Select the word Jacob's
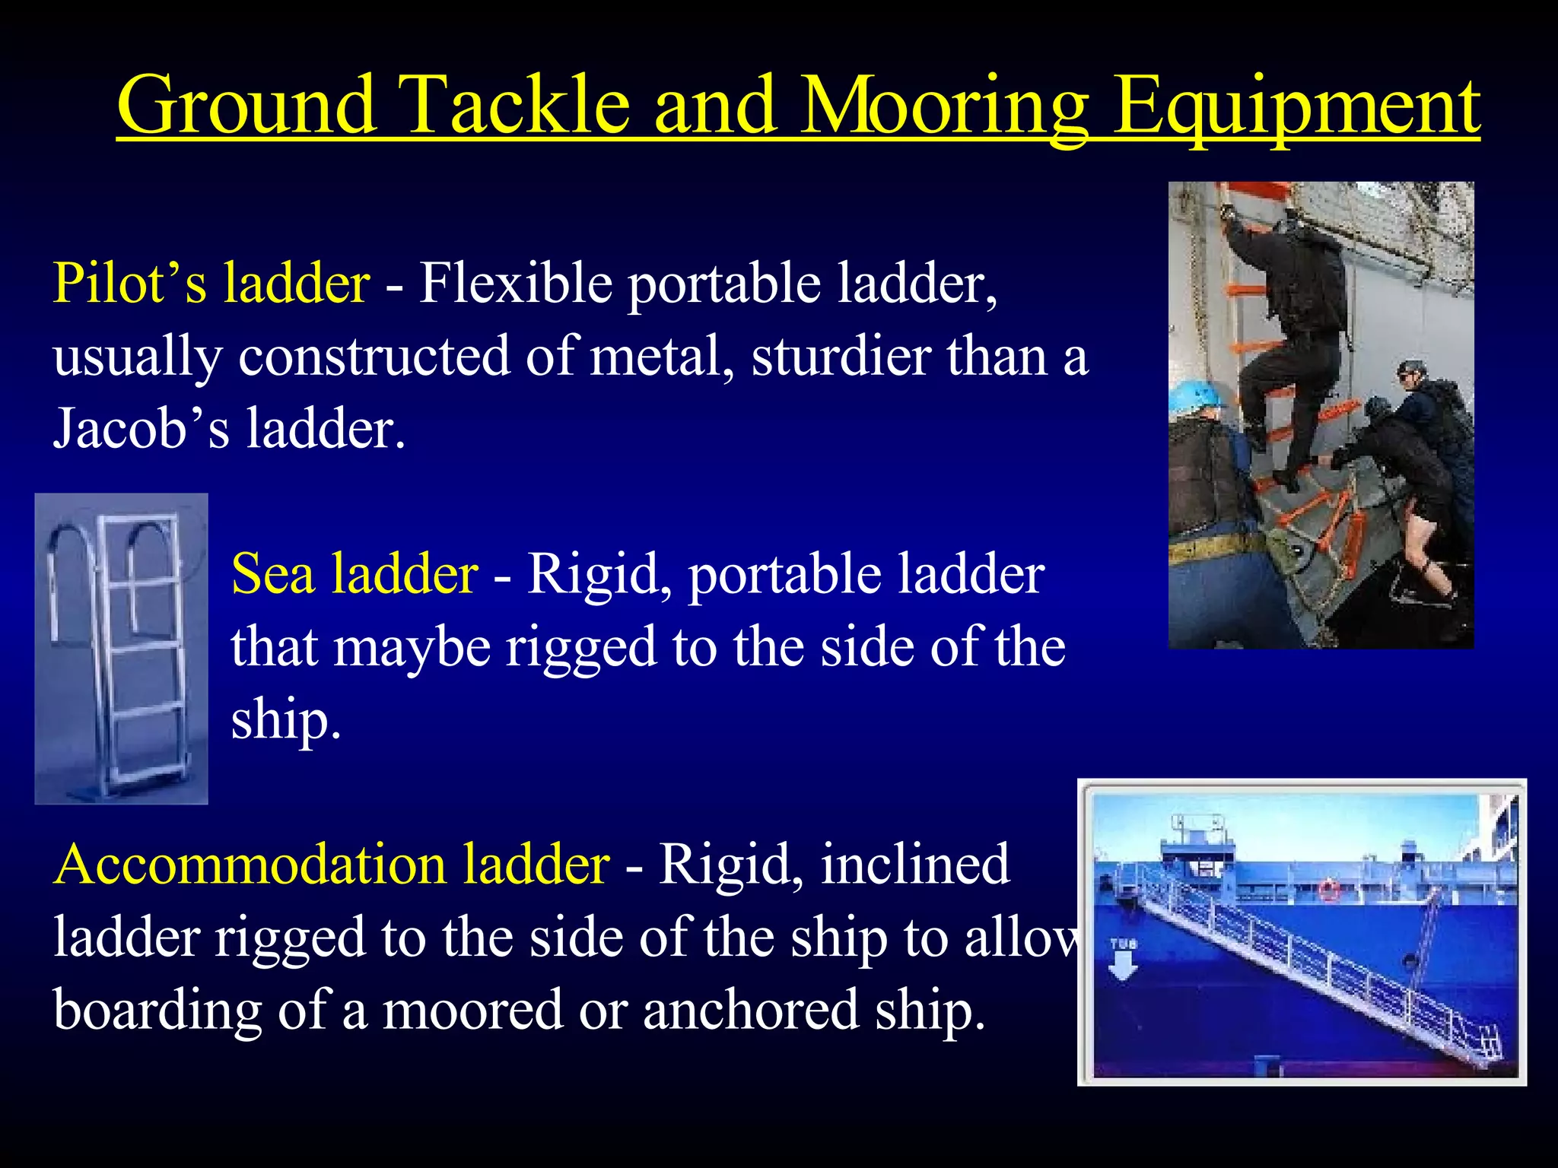click(141, 428)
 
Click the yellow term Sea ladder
click(355, 573)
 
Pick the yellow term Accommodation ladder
click(332, 865)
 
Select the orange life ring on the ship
click(1329, 888)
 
